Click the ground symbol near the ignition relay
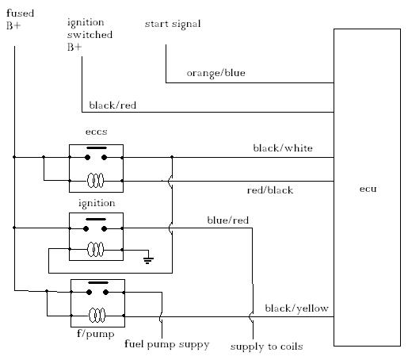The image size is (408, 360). click(148, 260)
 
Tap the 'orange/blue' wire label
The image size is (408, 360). click(216, 73)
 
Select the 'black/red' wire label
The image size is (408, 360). click(112, 105)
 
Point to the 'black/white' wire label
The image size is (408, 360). click(283, 148)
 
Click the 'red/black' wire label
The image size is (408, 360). click(270, 190)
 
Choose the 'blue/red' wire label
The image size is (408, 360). click(228, 220)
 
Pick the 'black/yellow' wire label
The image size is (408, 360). click(297, 308)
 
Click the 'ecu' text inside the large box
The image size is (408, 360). click(368, 189)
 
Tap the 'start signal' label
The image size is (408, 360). click(173, 24)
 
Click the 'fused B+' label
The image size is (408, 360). click(20, 19)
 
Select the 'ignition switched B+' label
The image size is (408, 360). click(90, 34)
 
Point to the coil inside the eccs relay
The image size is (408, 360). click(95, 181)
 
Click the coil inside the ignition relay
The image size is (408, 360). click(95, 249)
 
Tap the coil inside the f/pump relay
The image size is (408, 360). click(97, 316)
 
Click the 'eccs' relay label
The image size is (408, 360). click(97, 132)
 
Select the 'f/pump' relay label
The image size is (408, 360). click(96, 334)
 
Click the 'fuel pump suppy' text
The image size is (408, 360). click(167, 345)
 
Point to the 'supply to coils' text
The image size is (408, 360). click(266, 347)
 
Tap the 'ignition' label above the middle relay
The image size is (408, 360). click(97, 204)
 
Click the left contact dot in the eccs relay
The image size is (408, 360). click(87, 158)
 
